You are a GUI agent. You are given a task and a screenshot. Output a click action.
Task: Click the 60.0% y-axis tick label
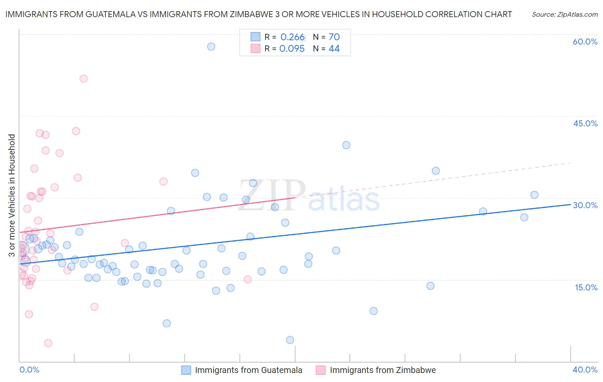585,42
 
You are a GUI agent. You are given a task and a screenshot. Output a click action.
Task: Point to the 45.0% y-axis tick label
585,123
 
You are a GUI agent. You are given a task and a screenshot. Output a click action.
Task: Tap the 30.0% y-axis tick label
585,205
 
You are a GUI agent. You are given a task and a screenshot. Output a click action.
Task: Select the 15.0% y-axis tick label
586,287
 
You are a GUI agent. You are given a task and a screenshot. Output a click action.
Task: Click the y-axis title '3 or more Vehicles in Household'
12,195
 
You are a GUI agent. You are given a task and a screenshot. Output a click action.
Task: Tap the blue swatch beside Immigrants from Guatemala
186,370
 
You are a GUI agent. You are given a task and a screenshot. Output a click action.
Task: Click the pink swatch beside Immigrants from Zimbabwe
321,370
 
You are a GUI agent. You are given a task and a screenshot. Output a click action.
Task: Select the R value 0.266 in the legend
292,37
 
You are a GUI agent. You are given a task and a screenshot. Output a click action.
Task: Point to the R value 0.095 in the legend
292,49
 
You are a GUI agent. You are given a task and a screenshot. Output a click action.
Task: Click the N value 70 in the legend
334,37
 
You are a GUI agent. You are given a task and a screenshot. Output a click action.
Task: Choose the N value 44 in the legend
334,49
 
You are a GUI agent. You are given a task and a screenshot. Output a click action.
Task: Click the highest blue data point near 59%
211,47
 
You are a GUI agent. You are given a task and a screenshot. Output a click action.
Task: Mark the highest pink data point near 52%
84,79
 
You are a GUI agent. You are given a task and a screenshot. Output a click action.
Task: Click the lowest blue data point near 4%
290,340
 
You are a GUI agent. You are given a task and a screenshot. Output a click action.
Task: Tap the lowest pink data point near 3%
48,343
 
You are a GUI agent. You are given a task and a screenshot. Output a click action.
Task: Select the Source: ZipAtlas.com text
564,15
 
